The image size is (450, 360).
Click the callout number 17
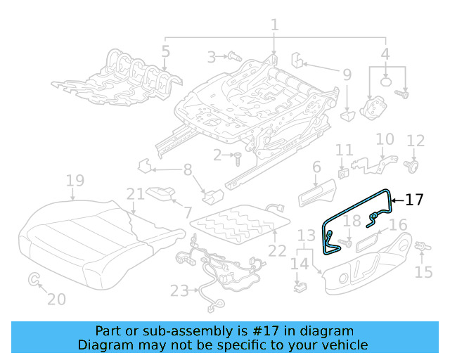point(415,200)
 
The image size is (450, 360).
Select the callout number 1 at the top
point(274,25)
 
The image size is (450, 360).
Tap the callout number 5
point(165,51)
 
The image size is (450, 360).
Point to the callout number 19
point(75,181)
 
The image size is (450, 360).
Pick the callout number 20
point(56,299)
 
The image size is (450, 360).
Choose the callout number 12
point(416,141)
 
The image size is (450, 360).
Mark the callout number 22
point(277,250)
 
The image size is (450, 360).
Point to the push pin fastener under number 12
point(413,166)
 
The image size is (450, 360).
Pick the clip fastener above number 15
point(423,246)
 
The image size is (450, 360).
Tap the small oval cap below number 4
point(386,82)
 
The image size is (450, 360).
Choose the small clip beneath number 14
point(300,286)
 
